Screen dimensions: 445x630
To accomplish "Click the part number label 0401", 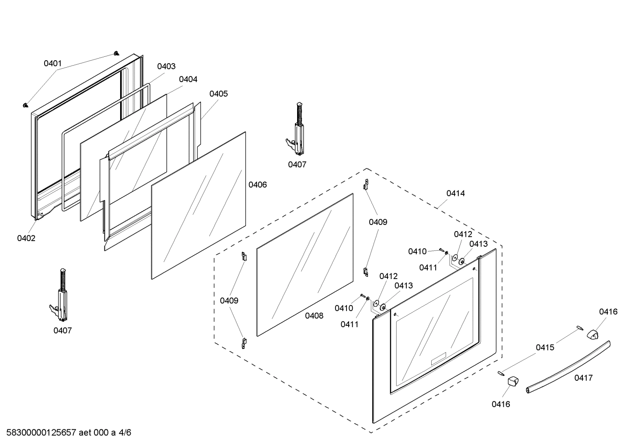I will (52, 63).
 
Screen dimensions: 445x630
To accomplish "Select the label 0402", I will (26, 238).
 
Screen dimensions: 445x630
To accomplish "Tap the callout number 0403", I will (166, 66).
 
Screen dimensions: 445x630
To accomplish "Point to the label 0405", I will (218, 93).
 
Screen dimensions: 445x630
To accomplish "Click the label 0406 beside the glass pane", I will (258, 185).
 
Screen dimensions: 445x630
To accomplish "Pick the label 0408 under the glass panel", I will (314, 315).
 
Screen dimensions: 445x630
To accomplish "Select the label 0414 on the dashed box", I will (456, 193).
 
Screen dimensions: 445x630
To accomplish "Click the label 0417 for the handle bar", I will (584, 378).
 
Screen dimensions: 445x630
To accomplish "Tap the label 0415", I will (545, 347).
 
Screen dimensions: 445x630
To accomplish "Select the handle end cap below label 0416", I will (512, 381).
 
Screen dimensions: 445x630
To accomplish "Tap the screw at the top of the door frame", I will (116, 53).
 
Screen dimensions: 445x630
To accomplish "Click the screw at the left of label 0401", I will (25, 105).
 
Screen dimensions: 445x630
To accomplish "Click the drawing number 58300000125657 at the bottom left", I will (39, 433).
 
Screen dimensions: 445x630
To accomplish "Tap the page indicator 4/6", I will (125, 433).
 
